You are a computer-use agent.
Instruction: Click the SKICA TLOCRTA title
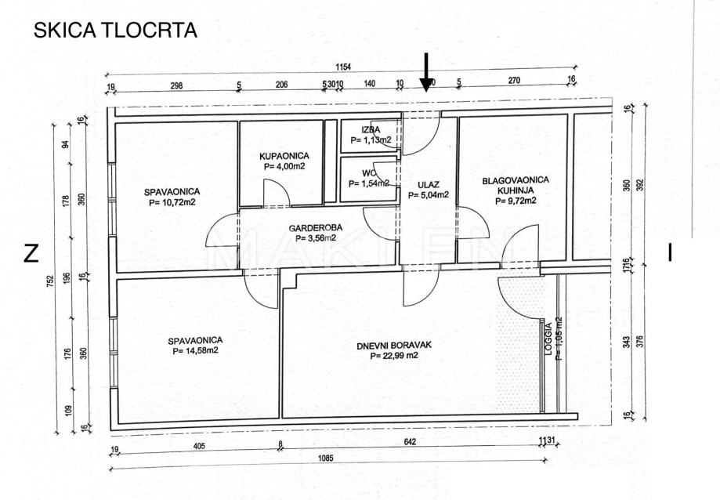pyautogui.click(x=114, y=31)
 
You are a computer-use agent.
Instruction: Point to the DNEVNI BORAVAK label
pyautogui.click(x=394, y=344)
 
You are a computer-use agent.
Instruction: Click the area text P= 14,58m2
pyautogui.click(x=195, y=350)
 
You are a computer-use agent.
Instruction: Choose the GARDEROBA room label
pyautogui.click(x=312, y=228)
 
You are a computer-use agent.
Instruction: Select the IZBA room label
pyautogui.click(x=371, y=129)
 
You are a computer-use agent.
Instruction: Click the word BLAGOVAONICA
pyautogui.click(x=516, y=180)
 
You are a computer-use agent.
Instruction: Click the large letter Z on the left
pyautogui.click(x=31, y=253)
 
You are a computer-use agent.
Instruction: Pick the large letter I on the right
pyautogui.click(x=670, y=252)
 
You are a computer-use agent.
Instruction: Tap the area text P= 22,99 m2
pyautogui.click(x=394, y=355)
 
